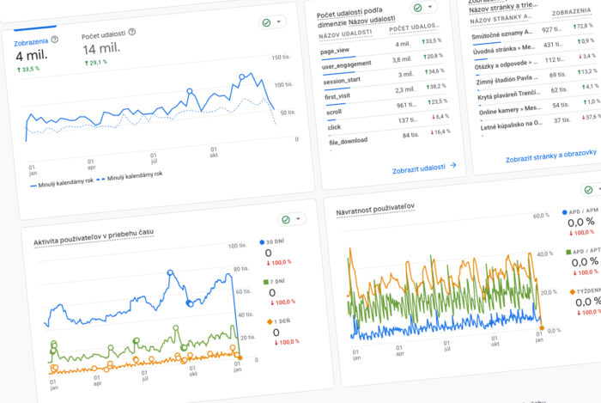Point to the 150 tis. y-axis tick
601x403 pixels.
281,58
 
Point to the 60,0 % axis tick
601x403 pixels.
541,216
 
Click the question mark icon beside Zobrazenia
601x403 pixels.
55,39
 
